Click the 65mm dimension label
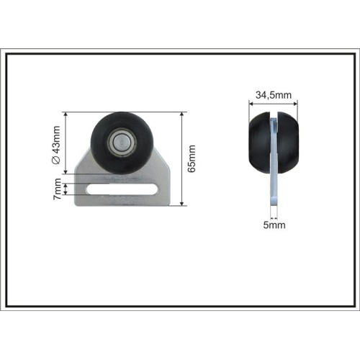[192, 158]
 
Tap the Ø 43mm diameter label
[56, 145]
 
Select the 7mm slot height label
[57, 189]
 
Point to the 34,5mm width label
[274, 95]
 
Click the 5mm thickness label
[274, 225]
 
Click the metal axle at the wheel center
[121, 143]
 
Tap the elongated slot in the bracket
[122, 189]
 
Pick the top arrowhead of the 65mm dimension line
[182, 114]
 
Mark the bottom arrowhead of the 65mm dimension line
[182, 203]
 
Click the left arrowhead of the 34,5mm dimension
[251, 104]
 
